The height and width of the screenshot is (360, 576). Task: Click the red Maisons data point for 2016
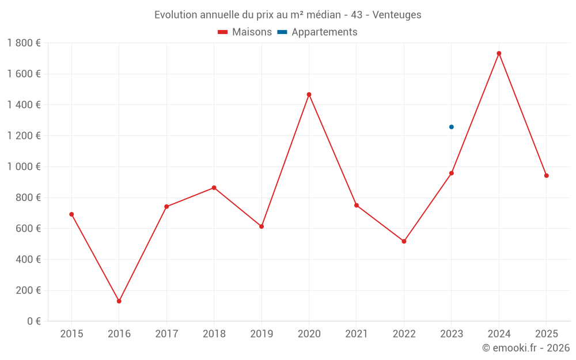click(119, 301)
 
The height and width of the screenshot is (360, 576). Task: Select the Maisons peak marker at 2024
click(499, 54)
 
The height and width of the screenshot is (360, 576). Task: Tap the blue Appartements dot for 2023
click(452, 127)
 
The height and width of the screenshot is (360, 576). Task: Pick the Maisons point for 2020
click(309, 94)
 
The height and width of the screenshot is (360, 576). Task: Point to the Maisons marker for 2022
click(404, 241)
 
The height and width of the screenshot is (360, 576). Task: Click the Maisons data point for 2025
click(546, 176)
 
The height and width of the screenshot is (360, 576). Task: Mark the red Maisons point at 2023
click(452, 173)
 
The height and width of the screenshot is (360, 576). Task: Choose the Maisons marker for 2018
click(214, 188)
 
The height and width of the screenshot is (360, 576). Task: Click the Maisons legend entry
click(245, 32)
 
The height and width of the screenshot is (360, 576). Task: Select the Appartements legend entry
click(317, 32)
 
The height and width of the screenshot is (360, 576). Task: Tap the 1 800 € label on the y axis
click(24, 43)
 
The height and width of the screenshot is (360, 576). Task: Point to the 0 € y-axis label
click(31, 321)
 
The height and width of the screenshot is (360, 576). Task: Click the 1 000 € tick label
click(24, 166)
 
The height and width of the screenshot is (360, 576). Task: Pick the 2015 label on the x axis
click(71, 334)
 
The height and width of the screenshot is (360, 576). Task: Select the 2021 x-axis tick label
click(357, 334)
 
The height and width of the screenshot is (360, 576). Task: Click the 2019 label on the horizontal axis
click(262, 334)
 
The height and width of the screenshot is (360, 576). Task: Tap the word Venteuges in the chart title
click(397, 15)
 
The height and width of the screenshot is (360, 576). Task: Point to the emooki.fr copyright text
click(526, 348)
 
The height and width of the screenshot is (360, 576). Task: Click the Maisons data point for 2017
click(166, 207)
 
